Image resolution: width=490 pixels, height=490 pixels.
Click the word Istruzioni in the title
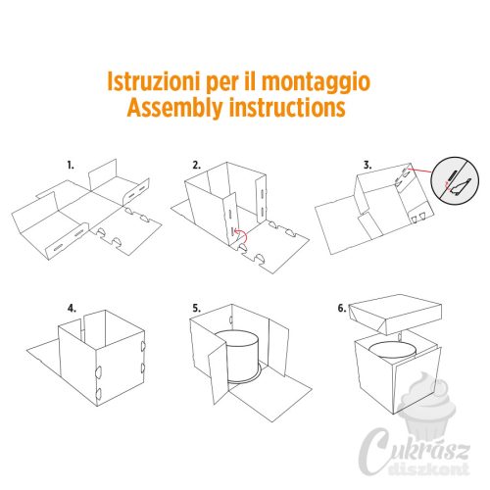153,81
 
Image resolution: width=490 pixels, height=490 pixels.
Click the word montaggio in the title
316,83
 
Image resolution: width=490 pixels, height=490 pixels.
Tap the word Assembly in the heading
174,108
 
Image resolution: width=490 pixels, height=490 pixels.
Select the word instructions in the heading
287,107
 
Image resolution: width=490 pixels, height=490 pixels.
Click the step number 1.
71,166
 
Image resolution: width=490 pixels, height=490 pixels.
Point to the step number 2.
196,166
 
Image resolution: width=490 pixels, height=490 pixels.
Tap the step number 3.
367,166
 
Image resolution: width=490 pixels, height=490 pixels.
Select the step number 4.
72,309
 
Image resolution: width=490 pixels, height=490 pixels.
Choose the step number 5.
196,309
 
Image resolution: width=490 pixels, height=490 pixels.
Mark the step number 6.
342,309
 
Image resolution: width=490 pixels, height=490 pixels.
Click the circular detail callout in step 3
455,180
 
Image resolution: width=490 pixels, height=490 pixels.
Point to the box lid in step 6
395,314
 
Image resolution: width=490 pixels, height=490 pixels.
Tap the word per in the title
221,84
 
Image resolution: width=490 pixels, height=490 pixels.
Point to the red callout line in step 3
421,171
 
